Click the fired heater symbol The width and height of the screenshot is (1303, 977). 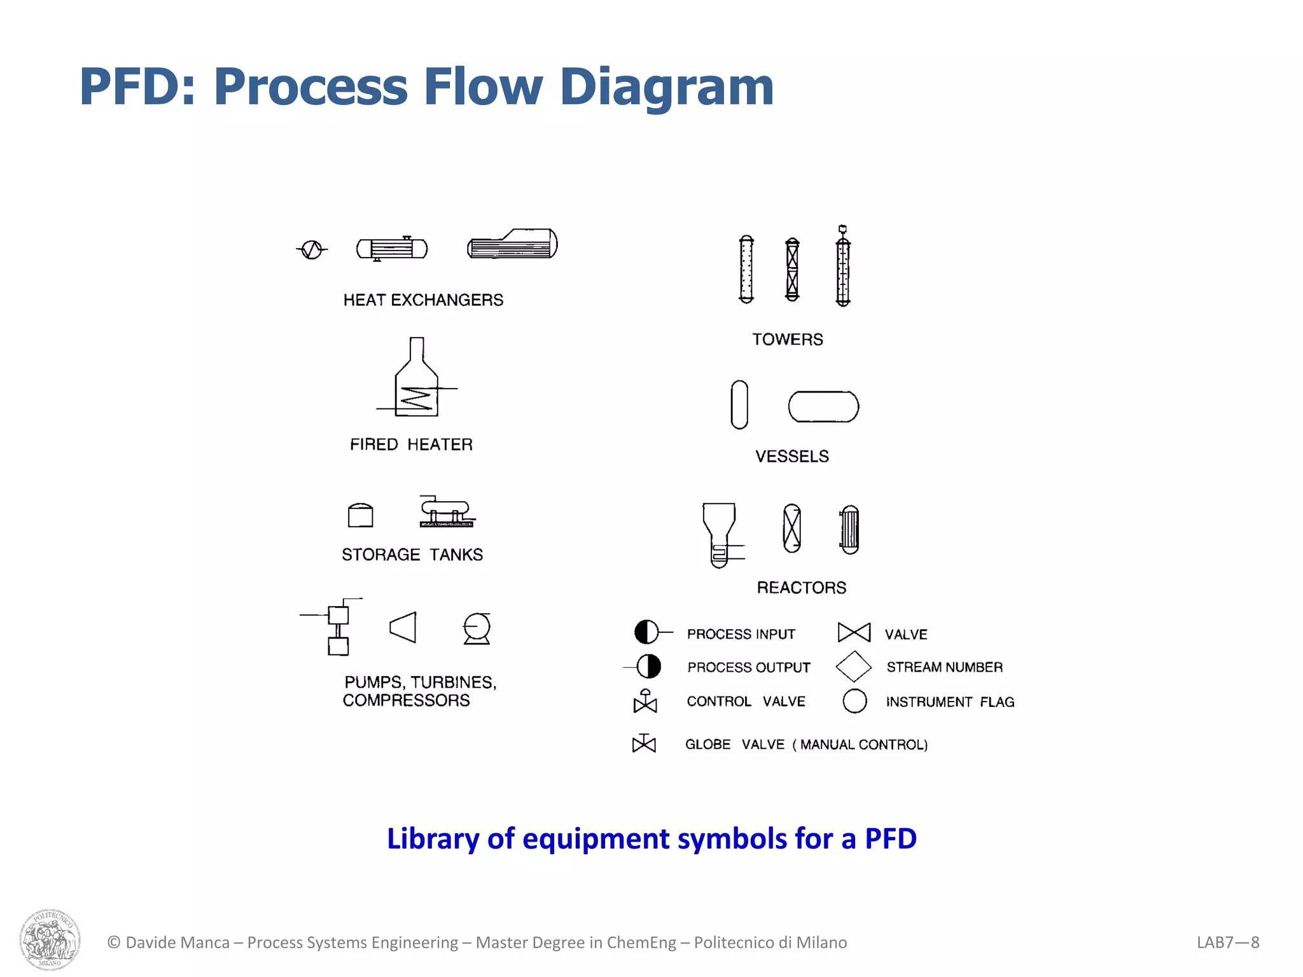click(x=417, y=382)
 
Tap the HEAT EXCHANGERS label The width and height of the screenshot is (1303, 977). click(x=423, y=300)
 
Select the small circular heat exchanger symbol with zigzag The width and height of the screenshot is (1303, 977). click(x=312, y=250)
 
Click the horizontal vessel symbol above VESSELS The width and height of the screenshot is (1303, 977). click(x=823, y=407)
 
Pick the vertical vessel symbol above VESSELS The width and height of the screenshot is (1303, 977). click(x=739, y=405)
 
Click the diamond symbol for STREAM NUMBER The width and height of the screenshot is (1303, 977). click(x=853, y=667)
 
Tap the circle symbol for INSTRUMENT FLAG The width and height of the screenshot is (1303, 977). click(x=854, y=701)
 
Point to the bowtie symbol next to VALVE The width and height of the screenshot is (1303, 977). click(x=854, y=633)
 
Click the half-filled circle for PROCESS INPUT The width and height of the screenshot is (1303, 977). click(x=646, y=632)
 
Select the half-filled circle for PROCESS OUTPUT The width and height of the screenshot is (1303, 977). click(x=649, y=667)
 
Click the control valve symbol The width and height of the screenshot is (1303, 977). click(x=645, y=702)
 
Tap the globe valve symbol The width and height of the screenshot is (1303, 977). click(x=644, y=744)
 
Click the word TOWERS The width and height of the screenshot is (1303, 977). click(x=788, y=340)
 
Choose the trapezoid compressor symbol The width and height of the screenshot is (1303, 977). click(x=403, y=628)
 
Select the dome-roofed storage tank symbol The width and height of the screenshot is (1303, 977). click(x=361, y=515)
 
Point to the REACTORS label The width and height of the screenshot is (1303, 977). click(x=801, y=588)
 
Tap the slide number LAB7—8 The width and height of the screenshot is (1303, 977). click(x=1227, y=943)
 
